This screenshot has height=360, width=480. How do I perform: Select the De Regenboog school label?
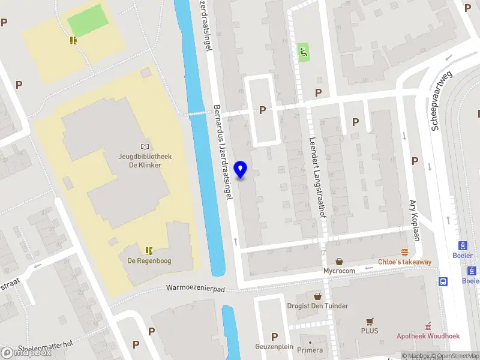click(149, 261)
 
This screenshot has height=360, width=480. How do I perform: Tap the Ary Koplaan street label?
click(413, 220)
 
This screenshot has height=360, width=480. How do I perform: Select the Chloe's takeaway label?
click(404, 262)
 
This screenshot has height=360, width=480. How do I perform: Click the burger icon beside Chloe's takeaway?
click(404, 252)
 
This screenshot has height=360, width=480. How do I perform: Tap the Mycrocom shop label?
click(339, 271)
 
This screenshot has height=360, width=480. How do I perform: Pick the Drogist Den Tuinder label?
click(317, 306)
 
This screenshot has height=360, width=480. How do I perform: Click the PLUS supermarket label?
click(370, 331)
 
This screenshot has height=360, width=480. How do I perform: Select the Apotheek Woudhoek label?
click(428, 336)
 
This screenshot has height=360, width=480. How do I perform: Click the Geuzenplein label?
click(274, 347)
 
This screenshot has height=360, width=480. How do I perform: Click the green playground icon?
click(304, 52)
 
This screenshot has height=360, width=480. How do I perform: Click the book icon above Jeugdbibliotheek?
click(145, 146)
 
